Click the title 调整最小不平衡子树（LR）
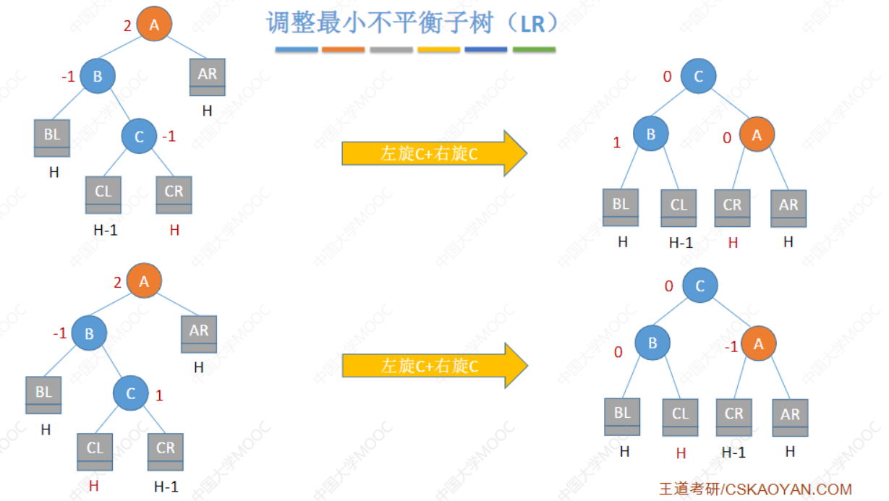[x=412, y=23]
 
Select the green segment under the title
[x=534, y=50]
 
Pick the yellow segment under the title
[x=438, y=50]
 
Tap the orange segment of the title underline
[x=343, y=50]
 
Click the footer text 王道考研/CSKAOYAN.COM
[x=755, y=489]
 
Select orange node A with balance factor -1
[x=758, y=344]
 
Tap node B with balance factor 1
[x=651, y=134]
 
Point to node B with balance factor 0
[x=652, y=343]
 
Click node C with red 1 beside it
[x=131, y=393]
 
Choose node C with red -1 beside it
[x=139, y=136]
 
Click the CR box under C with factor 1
[x=166, y=452]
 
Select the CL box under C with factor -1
[x=103, y=195]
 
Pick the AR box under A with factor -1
[x=790, y=419]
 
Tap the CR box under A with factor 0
[x=733, y=208]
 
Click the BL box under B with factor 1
[x=621, y=207]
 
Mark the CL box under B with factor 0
[x=681, y=418]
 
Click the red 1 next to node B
[x=617, y=143]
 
